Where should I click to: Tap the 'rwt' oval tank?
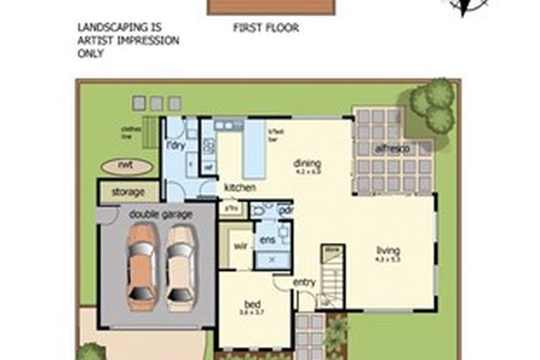pos(125,166)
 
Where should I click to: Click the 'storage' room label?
pos(128,193)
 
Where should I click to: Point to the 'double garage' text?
pos(160,214)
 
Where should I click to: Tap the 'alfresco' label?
pos(391,149)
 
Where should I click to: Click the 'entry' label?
pos(304,283)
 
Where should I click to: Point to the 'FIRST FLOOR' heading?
pos(266,28)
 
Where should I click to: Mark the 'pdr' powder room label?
pos(286,210)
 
